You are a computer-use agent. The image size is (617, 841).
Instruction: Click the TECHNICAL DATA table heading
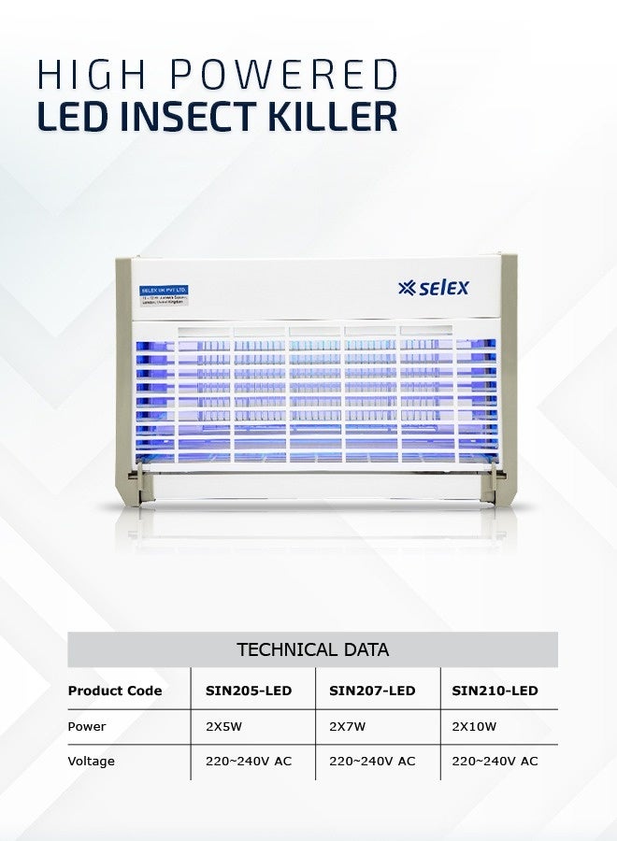[x=312, y=649]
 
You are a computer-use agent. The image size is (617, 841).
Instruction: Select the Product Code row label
[x=114, y=691]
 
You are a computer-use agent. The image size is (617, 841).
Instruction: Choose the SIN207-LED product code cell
[x=372, y=691]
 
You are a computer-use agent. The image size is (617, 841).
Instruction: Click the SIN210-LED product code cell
[x=495, y=691]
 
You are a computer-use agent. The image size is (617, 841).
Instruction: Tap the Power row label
[x=87, y=727]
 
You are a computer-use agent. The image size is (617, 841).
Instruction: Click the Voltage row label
[x=91, y=762]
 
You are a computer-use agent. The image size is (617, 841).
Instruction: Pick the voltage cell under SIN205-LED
[x=249, y=762]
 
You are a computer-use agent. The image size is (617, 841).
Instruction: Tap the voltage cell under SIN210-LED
[x=495, y=762]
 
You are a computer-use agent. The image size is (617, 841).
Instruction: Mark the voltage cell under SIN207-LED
[x=372, y=762]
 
